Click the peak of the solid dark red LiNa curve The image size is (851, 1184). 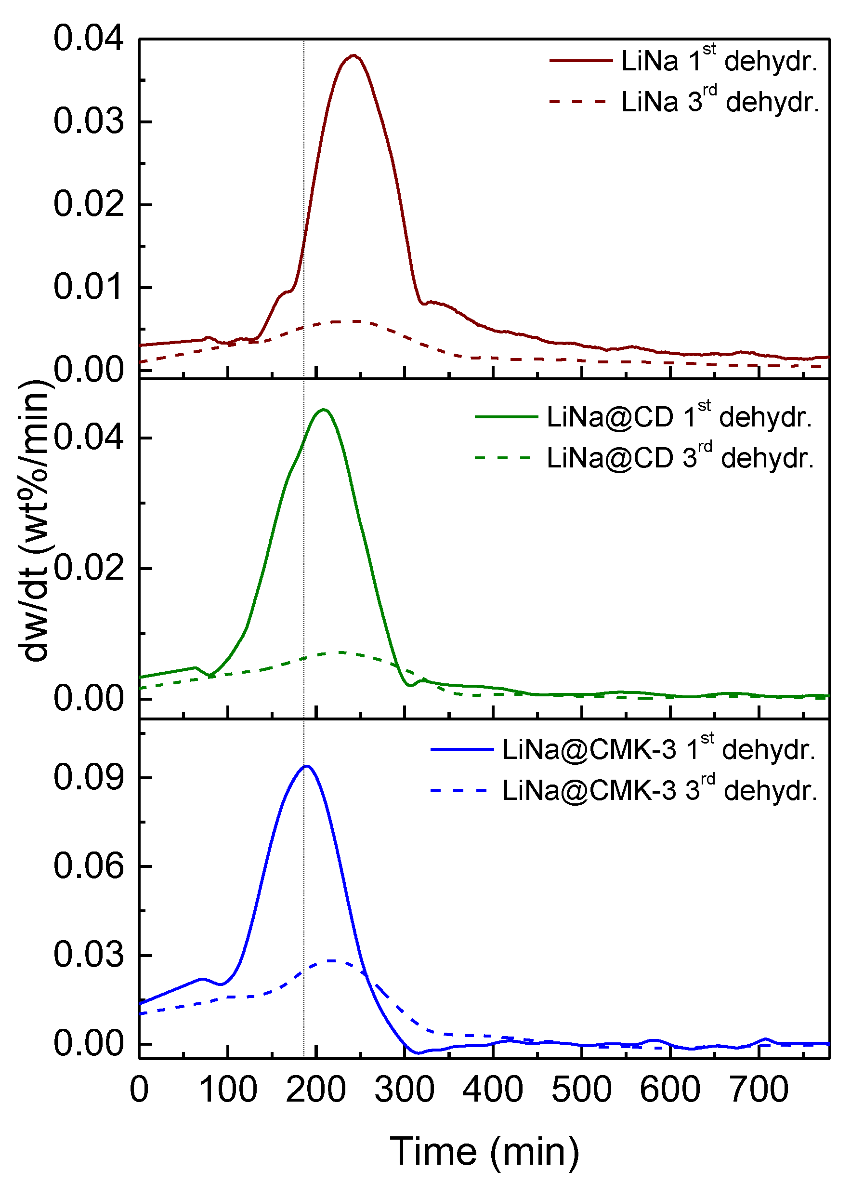(x=354, y=55)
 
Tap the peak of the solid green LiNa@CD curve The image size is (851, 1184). (x=324, y=410)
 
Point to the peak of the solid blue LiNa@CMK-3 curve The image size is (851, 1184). (x=307, y=766)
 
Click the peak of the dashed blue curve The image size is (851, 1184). (x=331, y=960)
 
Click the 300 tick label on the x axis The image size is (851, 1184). (x=405, y=1090)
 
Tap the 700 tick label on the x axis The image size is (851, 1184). (x=759, y=1090)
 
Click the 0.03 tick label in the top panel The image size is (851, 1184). (x=89, y=121)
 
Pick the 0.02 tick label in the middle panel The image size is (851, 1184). (x=89, y=568)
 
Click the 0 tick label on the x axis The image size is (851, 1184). (x=139, y=1090)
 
